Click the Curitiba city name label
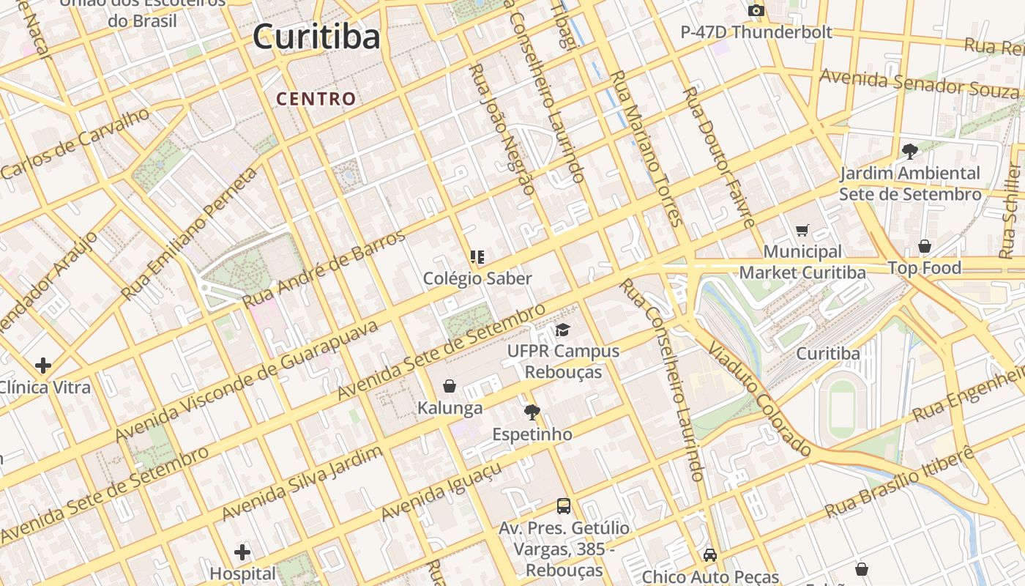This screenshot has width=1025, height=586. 316,37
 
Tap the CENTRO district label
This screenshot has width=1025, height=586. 316,99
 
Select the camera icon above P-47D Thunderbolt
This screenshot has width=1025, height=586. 756,11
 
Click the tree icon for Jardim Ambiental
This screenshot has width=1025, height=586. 910,152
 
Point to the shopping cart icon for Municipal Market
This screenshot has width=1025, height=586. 802,231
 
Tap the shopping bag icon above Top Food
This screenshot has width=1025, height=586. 925,246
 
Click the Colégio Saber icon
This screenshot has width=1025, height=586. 477,257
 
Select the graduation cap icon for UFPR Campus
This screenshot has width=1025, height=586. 562,330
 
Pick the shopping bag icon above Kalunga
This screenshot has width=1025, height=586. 450,386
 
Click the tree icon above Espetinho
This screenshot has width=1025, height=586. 532,412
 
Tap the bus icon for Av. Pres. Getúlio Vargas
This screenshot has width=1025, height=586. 564,505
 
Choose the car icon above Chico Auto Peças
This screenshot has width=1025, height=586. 709,555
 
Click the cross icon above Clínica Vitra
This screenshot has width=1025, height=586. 43,365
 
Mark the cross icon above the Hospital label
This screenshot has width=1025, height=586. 242,552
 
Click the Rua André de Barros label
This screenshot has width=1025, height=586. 324,269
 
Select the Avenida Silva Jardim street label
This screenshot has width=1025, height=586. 302,483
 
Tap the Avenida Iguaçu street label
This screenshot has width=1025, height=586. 441,491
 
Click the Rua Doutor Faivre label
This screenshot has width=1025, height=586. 718,157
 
